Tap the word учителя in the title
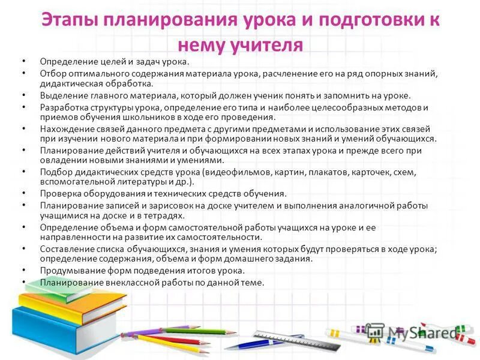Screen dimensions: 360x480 pos(269,45)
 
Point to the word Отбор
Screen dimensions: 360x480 pos(52,73)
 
